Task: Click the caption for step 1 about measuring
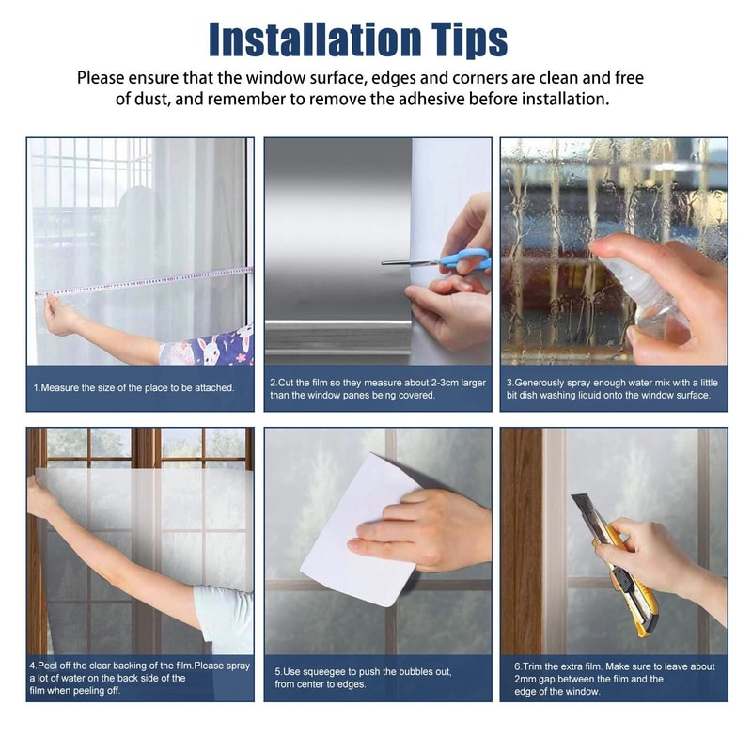(x=134, y=387)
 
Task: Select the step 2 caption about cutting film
(x=376, y=388)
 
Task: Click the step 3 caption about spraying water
(x=613, y=388)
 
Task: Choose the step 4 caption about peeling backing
(x=139, y=678)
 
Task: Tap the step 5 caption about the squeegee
(x=376, y=678)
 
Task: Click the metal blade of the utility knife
(x=584, y=513)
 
